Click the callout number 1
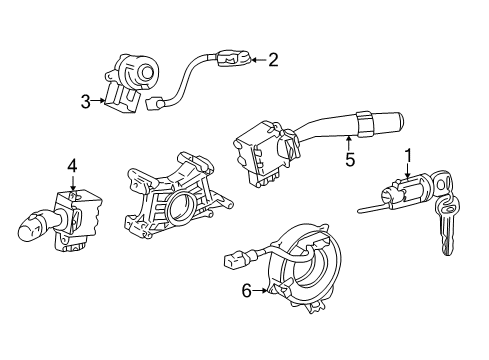pos(408,154)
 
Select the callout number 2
pos(271,60)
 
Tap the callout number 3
pos(87,100)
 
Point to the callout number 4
pos(72,165)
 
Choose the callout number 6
pos(246,290)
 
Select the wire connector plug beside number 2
pos(234,61)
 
